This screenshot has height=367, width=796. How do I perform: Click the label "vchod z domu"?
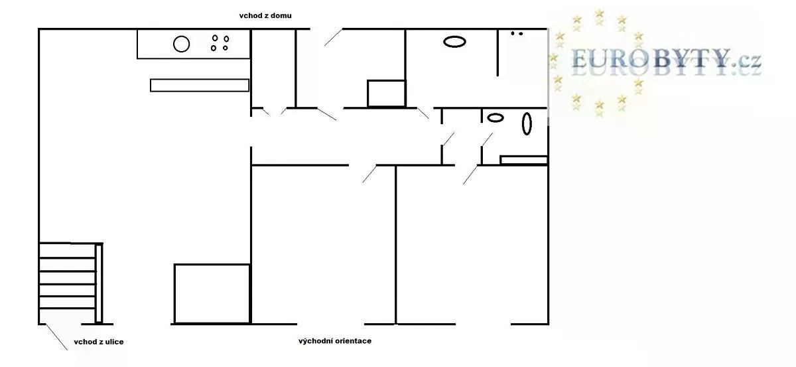[x=265, y=16]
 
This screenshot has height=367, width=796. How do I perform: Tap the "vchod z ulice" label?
[x=99, y=342]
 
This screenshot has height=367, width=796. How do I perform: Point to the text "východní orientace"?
[x=335, y=341]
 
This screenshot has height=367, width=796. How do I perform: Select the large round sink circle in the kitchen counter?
[x=181, y=44]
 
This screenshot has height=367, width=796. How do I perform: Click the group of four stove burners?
[x=220, y=42]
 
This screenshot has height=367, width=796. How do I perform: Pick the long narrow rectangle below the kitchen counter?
[x=200, y=86]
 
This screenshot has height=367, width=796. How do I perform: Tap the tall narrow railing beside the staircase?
[x=99, y=283]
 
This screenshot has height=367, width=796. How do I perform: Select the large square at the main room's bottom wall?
[x=212, y=294]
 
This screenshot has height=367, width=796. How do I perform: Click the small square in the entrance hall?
[x=386, y=94]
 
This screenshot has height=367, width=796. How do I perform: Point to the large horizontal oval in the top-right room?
[x=454, y=42]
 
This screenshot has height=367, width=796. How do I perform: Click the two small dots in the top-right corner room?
[x=517, y=33]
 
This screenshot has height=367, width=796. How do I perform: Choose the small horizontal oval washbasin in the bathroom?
[x=495, y=117]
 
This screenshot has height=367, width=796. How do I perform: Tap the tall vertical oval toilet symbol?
[x=527, y=123]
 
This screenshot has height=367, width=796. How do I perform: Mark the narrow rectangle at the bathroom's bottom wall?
[x=523, y=160]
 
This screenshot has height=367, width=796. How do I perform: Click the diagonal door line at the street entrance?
[x=57, y=337]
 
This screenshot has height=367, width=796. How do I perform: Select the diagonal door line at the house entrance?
[x=333, y=37]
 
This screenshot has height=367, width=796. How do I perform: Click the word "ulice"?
[x=114, y=342]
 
